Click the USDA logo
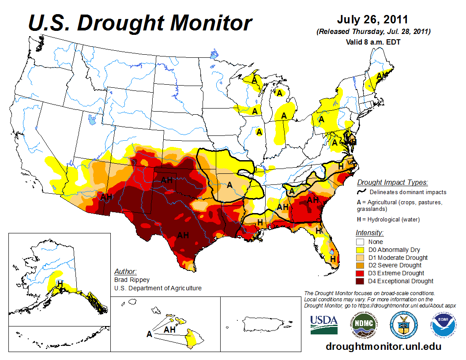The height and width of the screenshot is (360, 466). coord(324,325)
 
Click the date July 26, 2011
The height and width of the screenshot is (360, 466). coord(372,20)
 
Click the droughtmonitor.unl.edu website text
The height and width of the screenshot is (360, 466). coord(383,346)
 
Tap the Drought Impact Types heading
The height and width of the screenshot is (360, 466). coord(392,182)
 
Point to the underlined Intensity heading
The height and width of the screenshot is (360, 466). coord(369,232)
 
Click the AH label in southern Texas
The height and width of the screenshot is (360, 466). coord(183,235)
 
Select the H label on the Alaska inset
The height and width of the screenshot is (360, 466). coord(60,282)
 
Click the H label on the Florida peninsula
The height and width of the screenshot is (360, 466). coord(333,259)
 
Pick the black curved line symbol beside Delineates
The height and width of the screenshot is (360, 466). coord(362,192)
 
